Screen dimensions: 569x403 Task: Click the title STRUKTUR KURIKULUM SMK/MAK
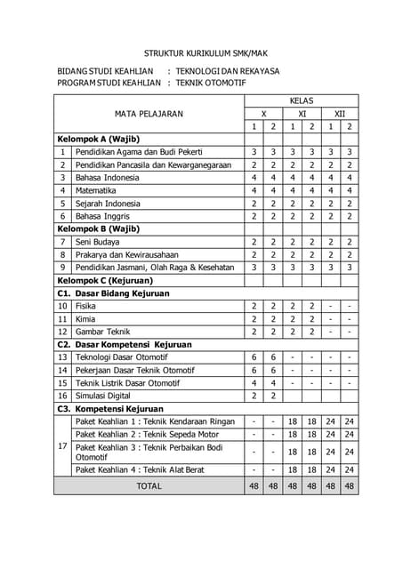tap(201, 52)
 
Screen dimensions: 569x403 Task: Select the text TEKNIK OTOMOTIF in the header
tap(211, 84)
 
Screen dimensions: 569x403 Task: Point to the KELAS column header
tap(301, 101)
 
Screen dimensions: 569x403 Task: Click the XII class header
tap(339, 114)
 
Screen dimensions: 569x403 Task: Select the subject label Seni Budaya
tap(97, 242)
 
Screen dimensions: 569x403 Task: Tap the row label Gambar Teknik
tap(102, 332)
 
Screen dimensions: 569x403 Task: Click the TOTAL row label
tap(149, 486)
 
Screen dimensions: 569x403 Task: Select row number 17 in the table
tap(62, 445)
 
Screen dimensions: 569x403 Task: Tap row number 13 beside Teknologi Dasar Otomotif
tap(62, 357)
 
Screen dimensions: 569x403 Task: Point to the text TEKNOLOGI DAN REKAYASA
tap(228, 71)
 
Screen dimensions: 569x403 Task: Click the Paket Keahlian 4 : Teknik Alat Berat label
tap(141, 469)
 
